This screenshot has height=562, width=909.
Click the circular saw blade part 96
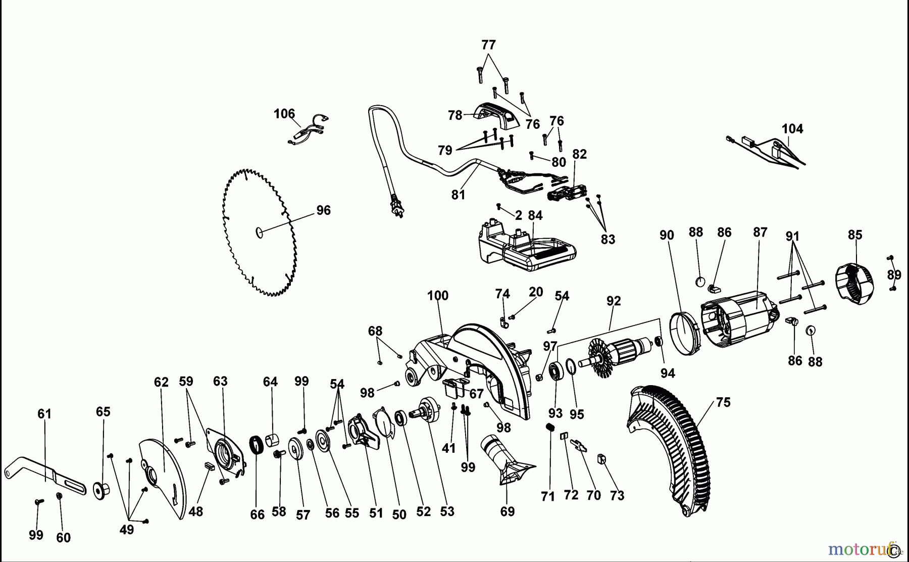(x=260, y=232)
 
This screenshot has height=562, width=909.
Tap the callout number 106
(x=284, y=114)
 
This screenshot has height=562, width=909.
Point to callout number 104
(x=792, y=129)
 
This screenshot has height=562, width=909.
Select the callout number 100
(x=437, y=296)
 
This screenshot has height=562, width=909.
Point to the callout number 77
(x=488, y=45)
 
